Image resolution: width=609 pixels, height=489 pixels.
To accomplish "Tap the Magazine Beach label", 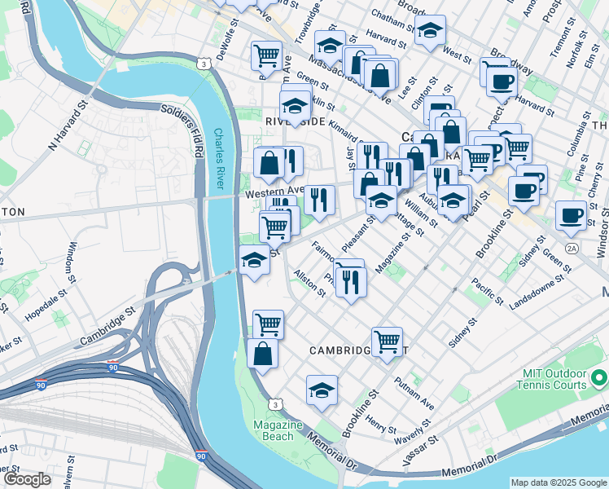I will click(278, 431).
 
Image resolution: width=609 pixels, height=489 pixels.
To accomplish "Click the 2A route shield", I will click(572, 248).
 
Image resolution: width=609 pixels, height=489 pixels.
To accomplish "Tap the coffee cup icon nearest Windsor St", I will click(571, 216).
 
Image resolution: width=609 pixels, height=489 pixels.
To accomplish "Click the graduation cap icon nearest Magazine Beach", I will click(322, 390).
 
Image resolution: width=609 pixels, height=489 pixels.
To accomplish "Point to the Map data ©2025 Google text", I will click(558, 482).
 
